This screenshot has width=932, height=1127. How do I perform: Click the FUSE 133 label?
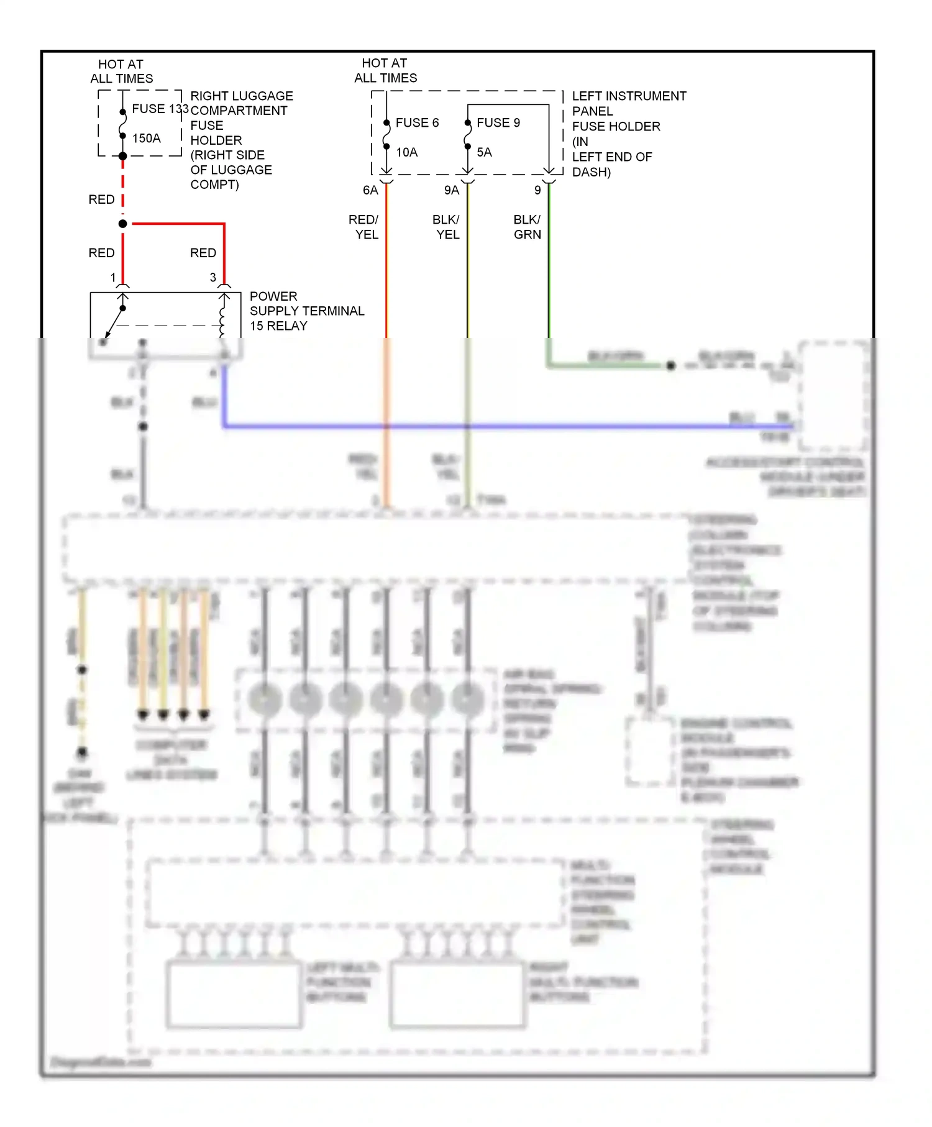pyautogui.click(x=160, y=109)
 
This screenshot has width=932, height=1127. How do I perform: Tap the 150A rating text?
pyautogui.click(x=147, y=138)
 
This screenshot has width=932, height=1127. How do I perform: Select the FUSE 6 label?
pyautogui.click(x=417, y=122)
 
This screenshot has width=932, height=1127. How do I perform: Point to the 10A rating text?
pyautogui.click(x=407, y=152)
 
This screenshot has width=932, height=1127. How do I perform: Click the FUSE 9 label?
pyautogui.click(x=498, y=122)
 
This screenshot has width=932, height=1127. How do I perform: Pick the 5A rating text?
pyautogui.click(x=484, y=152)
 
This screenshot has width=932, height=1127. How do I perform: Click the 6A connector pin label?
pyautogui.click(x=370, y=190)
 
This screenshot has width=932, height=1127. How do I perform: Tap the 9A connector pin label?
pyautogui.click(x=452, y=190)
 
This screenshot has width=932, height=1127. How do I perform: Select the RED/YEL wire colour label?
pyautogui.click(x=364, y=227)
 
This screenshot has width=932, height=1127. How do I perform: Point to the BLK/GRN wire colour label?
pyautogui.click(x=527, y=227)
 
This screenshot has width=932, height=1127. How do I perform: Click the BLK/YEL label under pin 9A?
pyautogui.click(x=446, y=227)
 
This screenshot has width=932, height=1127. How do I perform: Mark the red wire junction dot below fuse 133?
pyautogui.click(x=123, y=224)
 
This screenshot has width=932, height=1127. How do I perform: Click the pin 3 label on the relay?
pyautogui.click(x=213, y=277)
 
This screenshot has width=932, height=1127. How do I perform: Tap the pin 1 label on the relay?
pyautogui.click(x=113, y=277)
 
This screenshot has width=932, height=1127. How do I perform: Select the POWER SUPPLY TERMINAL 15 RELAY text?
pyautogui.click(x=306, y=311)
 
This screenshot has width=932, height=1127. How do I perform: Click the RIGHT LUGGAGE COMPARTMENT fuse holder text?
pyautogui.click(x=240, y=140)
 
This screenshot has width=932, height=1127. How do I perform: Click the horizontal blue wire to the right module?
pyautogui.click(x=497, y=427)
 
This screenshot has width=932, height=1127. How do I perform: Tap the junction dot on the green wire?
pyautogui.click(x=670, y=366)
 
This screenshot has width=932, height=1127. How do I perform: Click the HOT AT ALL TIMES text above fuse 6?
pyautogui.click(x=385, y=70)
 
